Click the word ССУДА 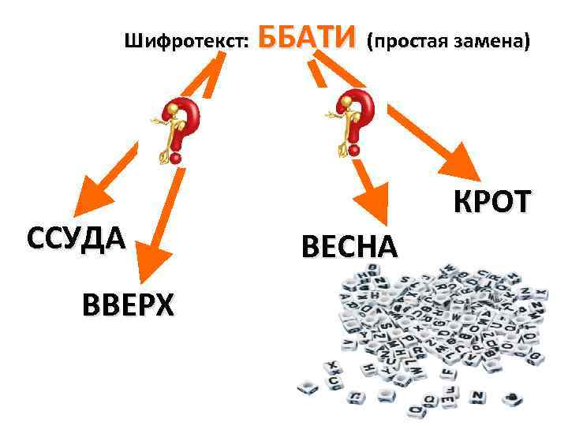(x=76, y=237)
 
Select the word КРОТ (x=491, y=203)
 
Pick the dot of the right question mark (x=354, y=150)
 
